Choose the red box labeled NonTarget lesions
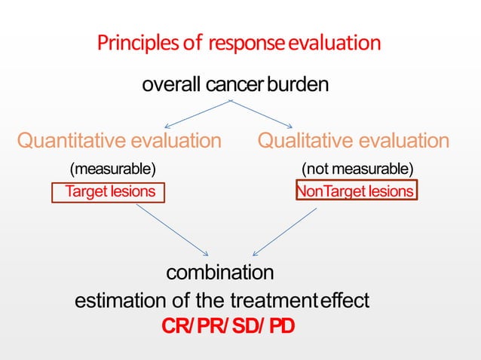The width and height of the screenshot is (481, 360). (x=356, y=192)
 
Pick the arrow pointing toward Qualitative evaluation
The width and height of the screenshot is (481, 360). (x=264, y=114)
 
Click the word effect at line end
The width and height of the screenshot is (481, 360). (x=345, y=301)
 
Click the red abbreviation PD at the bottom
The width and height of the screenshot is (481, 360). (x=281, y=328)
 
